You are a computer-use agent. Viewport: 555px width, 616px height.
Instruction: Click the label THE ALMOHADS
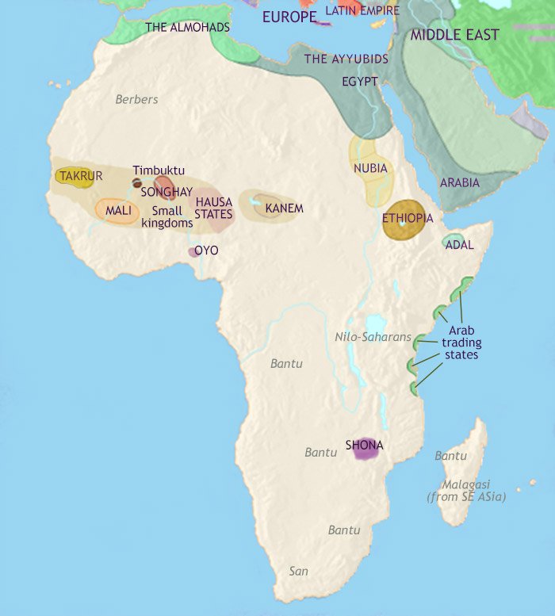coord(187,28)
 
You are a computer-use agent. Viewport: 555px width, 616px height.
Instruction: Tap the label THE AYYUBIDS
coord(346,59)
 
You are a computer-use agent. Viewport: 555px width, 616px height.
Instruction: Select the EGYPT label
coord(359,81)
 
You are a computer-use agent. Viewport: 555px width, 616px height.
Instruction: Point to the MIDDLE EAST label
coord(454,35)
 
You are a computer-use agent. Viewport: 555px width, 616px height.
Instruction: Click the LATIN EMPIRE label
coord(362,10)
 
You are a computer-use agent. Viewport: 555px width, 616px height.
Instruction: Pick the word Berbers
coord(136,99)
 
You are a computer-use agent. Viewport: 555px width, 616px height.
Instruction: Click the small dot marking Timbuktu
coord(137,183)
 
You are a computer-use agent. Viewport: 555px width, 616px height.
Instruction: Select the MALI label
coord(117,211)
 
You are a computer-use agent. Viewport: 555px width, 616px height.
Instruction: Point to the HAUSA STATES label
coord(214,209)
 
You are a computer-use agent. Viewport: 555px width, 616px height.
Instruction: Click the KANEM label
coord(284,209)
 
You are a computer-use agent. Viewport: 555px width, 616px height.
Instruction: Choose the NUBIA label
coord(371,168)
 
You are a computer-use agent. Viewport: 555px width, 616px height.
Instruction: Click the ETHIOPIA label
coord(407,218)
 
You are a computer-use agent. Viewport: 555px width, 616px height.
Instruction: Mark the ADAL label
coord(459,245)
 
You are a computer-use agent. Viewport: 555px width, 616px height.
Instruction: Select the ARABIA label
coord(459,182)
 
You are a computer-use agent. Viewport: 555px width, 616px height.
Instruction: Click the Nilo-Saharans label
coord(373,337)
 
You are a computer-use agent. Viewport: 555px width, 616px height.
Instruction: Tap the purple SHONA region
coord(365,450)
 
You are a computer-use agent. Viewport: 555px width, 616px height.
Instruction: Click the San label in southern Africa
coord(298,570)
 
